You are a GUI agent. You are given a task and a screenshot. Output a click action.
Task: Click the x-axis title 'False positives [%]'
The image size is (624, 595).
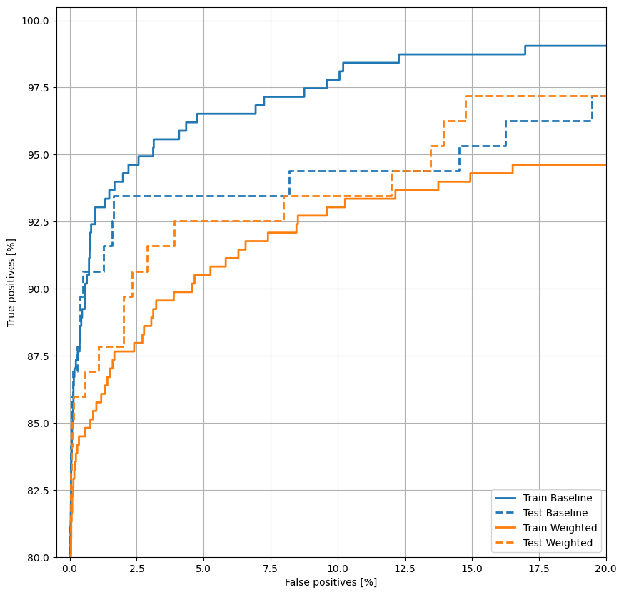click(x=331, y=582)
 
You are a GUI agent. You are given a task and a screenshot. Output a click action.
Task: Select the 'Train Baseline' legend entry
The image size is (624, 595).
click(x=558, y=498)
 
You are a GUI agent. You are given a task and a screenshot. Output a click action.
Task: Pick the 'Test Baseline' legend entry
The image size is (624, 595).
click(x=555, y=513)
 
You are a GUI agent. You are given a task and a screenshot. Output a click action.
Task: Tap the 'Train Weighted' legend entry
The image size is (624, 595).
click(x=560, y=528)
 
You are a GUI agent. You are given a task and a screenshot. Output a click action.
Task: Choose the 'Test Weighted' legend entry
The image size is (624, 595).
click(x=558, y=543)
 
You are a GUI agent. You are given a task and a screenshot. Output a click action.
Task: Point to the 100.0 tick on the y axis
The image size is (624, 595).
click(x=35, y=21)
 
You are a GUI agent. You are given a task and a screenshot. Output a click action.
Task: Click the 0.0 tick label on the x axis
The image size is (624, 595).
click(x=69, y=569)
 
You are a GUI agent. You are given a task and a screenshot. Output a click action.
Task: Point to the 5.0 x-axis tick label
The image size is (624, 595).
click(x=203, y=569)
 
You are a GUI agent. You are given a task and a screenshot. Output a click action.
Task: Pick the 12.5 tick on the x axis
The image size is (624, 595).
click(x=405, y=569)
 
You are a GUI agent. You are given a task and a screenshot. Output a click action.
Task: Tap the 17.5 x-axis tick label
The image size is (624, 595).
click(x=539, y=569)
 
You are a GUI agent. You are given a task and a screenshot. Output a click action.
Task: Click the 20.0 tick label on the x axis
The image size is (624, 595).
click(x=606, y=569)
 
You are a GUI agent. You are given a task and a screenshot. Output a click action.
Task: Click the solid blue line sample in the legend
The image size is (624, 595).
click(x=507, y=498)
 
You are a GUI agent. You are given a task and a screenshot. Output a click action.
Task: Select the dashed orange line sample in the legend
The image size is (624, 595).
click(x=507, y=543)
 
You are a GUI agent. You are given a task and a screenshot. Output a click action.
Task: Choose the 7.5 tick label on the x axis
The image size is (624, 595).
click(x=271, y=569)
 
